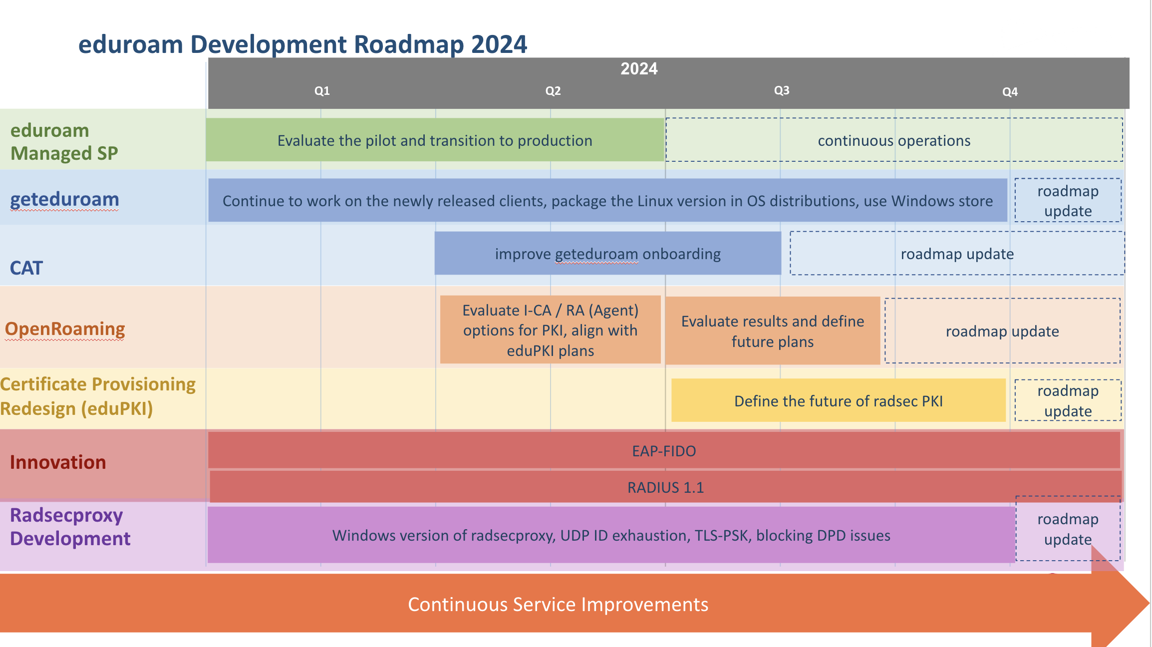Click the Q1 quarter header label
click(x=322, y=91)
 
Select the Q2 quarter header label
click(x=553, y=91)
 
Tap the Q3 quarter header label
click(x=782, y=90)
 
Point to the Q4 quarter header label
click(x=1010, y=92)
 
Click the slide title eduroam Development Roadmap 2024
click(x=302, y=44)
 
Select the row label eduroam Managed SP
click(x=64, y=142)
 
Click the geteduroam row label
click(x=64, y=199)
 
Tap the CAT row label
click(x=26, y=268)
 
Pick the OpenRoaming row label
click(x=65, y=329)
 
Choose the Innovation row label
click(x=58, y=462)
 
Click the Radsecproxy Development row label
click(x=70, y=527)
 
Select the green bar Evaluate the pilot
click(x=435, y=140)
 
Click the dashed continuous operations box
click(x=894, y=140)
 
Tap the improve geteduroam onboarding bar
click(x=607, y=253)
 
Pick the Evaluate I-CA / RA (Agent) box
click(x=550, y=330)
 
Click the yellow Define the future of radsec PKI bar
click(x=839, y=400)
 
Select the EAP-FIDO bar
click(x=664, y=450)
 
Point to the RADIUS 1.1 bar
click(x=665, y=487)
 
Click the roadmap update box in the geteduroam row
click(x=1068, y=200)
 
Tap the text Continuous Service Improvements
click(x=558, y=604)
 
